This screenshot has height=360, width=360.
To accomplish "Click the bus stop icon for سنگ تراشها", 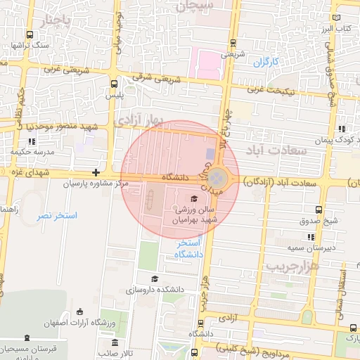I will pos(29,34).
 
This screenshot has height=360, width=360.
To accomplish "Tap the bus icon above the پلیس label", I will pos(114,83).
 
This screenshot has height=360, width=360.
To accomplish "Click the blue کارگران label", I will pos(266,62).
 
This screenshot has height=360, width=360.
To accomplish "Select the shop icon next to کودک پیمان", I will pos(342,129).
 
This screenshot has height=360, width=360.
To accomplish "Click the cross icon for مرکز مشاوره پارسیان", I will pos(96,173).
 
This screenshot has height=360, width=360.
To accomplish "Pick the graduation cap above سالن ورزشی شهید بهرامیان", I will pos(194,198).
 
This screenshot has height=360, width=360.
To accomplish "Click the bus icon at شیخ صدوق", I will pos(320,209).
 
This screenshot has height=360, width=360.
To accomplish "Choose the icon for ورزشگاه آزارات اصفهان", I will pos(79,311).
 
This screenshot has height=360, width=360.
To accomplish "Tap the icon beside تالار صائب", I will pos(115,342).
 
